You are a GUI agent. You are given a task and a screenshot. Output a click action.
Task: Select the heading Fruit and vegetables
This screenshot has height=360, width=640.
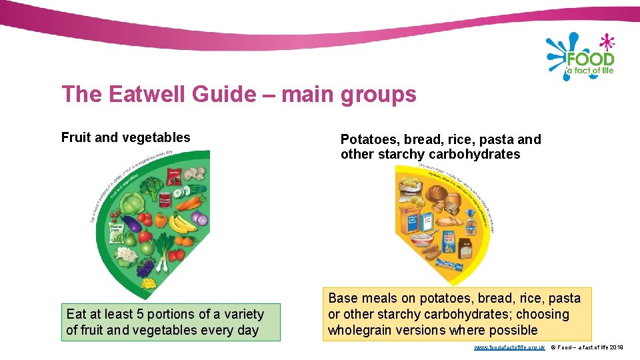(x=125, y=138)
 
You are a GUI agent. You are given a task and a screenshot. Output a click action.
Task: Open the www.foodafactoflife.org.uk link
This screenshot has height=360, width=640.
(x=509, y=347)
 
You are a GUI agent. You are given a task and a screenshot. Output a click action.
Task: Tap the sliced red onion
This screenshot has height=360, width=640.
(x=199, y=219)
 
